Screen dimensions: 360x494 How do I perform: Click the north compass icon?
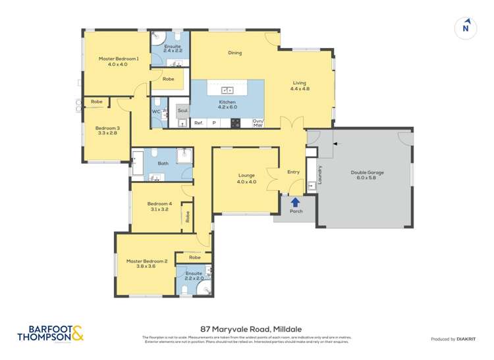[466, 28]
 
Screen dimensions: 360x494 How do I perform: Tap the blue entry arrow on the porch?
[295, 202]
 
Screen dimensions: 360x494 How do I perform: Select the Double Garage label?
[370, 172]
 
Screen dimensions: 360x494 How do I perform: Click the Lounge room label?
[247, 176]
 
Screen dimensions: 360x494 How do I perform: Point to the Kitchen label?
[227, 102]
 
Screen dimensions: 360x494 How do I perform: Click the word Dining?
[235, 53]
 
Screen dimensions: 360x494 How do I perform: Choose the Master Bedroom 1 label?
[119, 59]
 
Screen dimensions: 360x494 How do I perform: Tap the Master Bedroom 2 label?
[147, 261]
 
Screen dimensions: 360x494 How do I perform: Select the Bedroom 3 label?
[107, 128]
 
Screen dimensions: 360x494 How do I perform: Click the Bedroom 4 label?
[159, 203]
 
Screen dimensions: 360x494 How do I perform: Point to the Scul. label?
[182, 111]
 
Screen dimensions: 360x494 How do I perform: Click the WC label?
[156, 112]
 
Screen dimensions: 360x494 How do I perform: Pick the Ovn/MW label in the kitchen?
[258, 122]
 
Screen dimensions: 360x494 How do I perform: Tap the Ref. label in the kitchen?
[198, 122]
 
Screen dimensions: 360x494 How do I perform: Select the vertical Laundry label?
[319, 174]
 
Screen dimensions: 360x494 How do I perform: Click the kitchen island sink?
[227, 90]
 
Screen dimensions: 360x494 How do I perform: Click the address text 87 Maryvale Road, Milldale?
[247, 326]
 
